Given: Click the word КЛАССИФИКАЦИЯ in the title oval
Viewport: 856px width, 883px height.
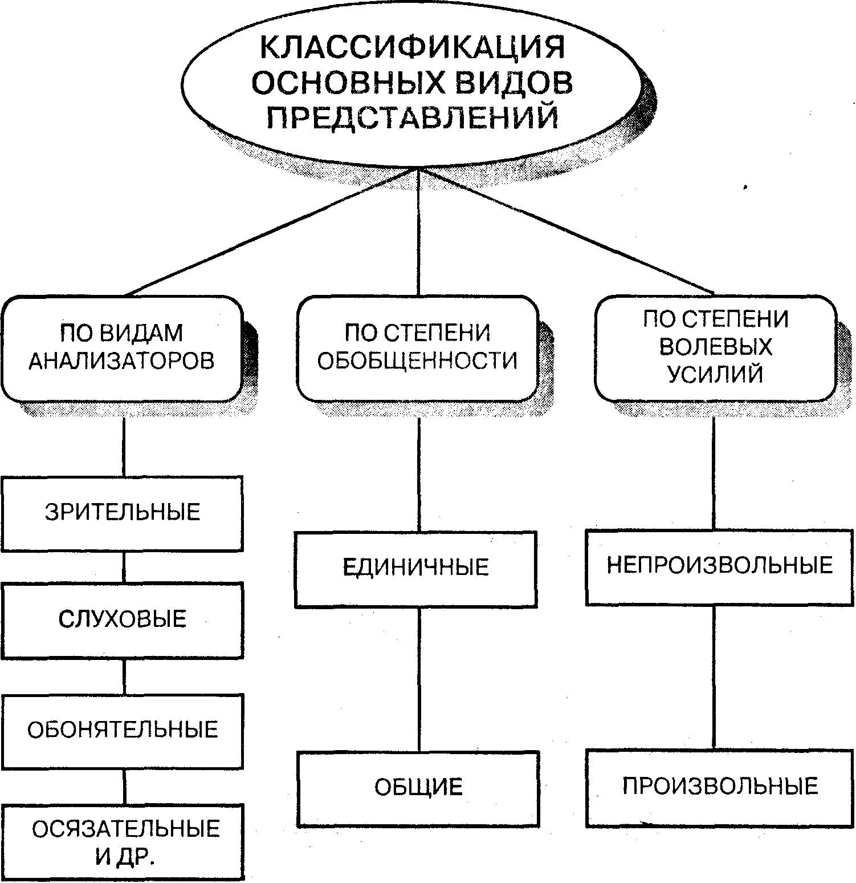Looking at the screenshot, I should pyautogui.click(x=412, y=47).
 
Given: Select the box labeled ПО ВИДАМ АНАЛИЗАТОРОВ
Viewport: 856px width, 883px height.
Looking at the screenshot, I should pyautogui.click(x=122, y=347).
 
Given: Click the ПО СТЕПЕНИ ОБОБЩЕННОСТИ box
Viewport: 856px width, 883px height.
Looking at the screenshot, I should pyautogui.click(x=417, y=347).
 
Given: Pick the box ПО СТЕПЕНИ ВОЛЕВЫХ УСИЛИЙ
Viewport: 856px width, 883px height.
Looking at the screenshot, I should pyautogui.click(x=715, y=347).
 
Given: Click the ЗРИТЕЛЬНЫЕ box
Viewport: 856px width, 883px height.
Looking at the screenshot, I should pyautogui.click(x=122, y=512).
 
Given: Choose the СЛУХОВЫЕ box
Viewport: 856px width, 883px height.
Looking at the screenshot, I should pyautogui.click(x=122, y=619).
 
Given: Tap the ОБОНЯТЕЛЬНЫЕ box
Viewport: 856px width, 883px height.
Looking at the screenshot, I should pyautogui.click(x=122, y=730).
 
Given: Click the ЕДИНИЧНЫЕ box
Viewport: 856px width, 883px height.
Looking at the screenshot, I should pyautogui.click(x=416, y=568).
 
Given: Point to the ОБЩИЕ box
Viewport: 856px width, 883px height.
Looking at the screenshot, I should pyautogui.click(x=418, y=788).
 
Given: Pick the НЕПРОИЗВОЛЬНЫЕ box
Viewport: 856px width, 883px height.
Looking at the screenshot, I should pyautogui.click(x=719, y=566).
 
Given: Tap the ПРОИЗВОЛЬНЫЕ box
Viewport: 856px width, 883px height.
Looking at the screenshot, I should pyautogui.click(x=719, y=787).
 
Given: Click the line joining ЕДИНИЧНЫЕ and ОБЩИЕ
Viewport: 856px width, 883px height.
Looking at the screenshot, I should pyautogui.click(x=419, y=679).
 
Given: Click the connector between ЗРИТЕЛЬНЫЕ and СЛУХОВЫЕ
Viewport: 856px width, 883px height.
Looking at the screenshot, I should pyautogui.click(x=124, y=566).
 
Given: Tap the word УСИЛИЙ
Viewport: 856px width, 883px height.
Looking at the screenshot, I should pyautogui.click(x=715, y=375).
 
